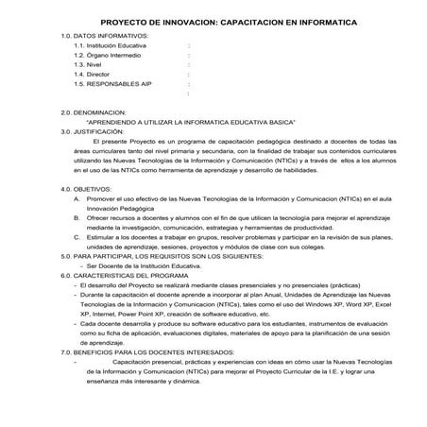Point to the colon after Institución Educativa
pos(189,45)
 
